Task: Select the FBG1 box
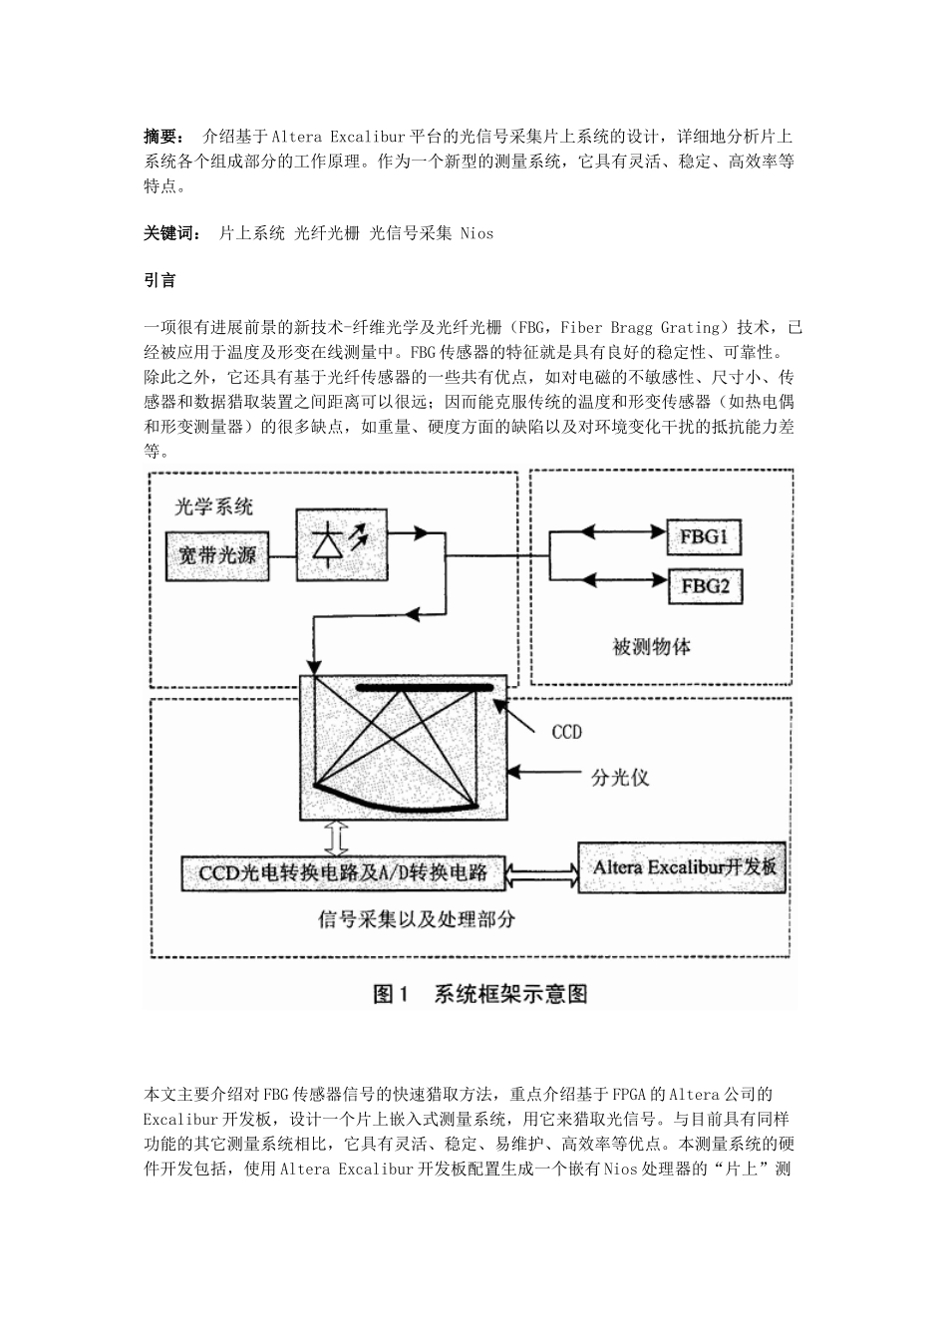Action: (704, 538)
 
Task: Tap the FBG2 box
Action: (704, 586)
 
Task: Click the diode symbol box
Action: (342, 541)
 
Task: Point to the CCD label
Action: (566, 732)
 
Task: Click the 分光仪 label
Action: (619, 778)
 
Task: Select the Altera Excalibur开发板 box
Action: (684, 866)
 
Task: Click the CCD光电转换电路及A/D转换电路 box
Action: (344, 872)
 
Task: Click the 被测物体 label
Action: (651, 647)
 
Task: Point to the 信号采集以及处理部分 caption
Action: (417, 919)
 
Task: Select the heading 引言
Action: (159, 280)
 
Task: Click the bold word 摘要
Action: (161, 137)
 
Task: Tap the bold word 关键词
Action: (166, 233)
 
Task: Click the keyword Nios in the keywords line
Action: (476, 233)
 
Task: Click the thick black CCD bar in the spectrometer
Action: (426, 687)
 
